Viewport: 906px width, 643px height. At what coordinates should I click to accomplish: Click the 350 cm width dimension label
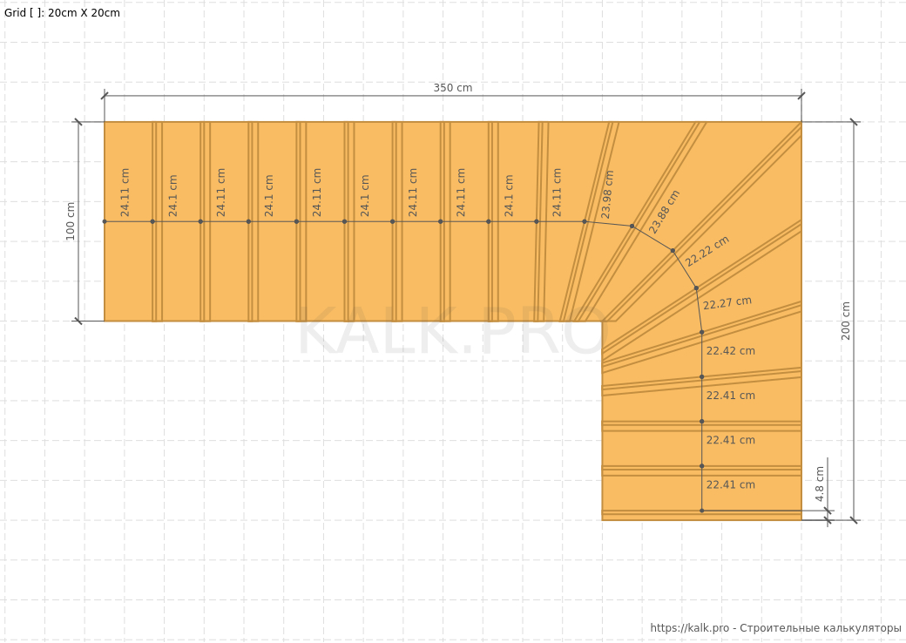(x=452, y=88)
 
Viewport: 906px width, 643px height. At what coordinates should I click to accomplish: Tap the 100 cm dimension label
(x=71, y=221)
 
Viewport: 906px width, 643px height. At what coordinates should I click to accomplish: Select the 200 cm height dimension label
(x=846, y=321)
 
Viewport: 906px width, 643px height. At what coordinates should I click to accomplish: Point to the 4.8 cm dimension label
(x=820, y=484)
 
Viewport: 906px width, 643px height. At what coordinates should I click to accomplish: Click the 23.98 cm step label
(x=606, y=194)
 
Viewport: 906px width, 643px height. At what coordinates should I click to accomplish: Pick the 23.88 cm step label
(x=665, y=212)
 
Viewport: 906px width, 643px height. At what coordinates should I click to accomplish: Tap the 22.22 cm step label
(x=707, y=251)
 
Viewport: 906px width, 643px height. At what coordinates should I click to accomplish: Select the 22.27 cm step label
(x=727, y=302)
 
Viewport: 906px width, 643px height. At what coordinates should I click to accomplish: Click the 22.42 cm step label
(x=730, y=350)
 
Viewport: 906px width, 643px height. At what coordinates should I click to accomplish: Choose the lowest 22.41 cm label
(x=730, y=484)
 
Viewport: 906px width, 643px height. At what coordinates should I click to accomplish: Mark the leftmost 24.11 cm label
(x=125, y=193)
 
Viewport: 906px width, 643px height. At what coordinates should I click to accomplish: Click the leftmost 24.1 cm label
(x=173, y=196)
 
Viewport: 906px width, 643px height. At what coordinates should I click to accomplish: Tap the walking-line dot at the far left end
(x=105, y=221)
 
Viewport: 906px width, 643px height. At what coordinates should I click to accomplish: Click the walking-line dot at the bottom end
(x=702, y=511)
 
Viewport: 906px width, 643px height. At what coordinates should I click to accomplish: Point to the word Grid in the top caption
(x=15, y=13)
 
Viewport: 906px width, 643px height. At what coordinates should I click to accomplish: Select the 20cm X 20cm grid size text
(x=84, y=13)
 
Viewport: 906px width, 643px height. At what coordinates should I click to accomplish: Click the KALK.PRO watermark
(x=452, y=331)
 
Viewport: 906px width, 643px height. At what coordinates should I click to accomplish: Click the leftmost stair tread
(x=128, y=221)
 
